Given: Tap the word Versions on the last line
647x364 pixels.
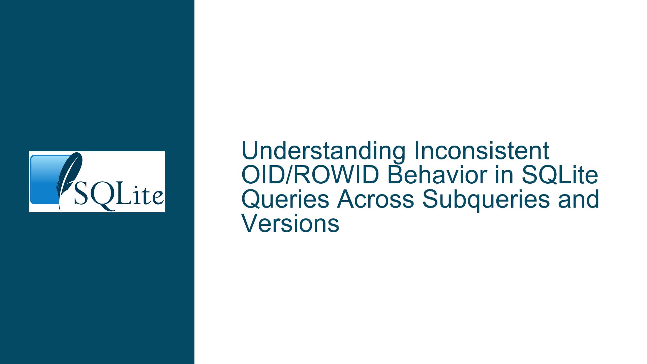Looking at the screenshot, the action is pyautogui.click(x=290, y=223).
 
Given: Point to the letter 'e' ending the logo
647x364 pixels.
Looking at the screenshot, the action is pyautogui.click(x=158, y=198).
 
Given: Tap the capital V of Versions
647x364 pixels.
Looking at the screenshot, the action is pyautogui.click(x=250, y=223).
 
